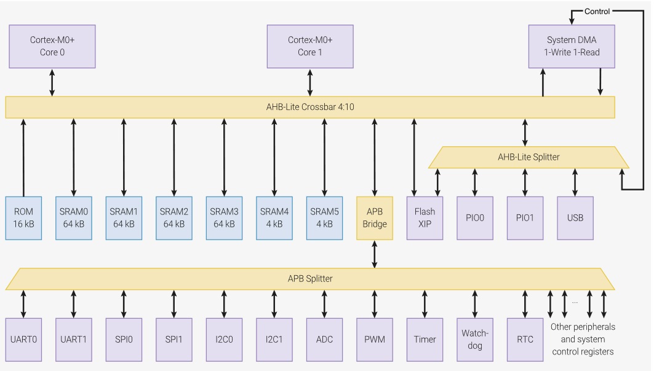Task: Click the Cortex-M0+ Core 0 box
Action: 52,47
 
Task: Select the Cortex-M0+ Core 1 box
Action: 310,47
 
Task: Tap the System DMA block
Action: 572,47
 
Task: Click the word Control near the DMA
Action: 597,11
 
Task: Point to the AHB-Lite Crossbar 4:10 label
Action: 309,107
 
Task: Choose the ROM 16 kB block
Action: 24,218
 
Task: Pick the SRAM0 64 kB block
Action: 74,218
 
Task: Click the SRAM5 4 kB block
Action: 324,218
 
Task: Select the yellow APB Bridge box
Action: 375,218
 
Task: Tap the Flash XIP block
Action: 425,218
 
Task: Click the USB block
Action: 575,218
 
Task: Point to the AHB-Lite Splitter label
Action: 528,157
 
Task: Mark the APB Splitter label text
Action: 310,278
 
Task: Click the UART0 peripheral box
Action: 24,339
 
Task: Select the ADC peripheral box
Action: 324,339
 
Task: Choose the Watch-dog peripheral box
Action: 475,339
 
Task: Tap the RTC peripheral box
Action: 525,339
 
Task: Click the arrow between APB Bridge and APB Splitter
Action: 375,254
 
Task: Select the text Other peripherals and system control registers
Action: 582,339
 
